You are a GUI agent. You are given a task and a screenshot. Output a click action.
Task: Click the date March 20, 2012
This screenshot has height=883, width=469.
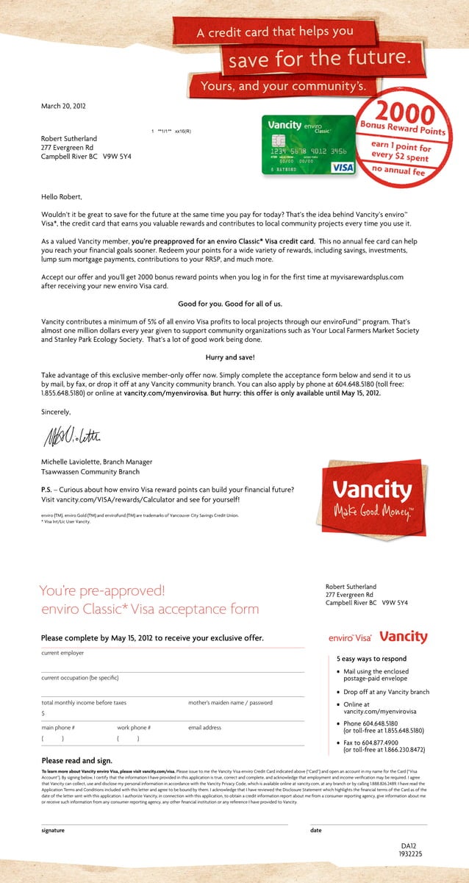[63, 106]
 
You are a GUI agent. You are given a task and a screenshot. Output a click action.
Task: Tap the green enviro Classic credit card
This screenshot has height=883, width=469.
[309, 145]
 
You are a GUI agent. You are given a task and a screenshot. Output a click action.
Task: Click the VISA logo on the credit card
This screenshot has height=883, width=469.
[343, 168]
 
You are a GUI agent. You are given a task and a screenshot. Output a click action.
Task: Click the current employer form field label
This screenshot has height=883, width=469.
[62, 653]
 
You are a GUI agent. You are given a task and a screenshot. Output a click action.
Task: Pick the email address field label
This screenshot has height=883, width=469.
[204, 728]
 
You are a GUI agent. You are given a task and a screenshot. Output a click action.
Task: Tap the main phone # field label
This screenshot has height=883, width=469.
[58, 728]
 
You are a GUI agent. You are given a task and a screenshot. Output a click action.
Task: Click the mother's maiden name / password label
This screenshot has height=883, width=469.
[230, 703]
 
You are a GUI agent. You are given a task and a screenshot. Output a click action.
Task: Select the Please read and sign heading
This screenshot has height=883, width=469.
[76, 760]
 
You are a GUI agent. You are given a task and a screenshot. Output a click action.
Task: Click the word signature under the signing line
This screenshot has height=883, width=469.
[53, 830]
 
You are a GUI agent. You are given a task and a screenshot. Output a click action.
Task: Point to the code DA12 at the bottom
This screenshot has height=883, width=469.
[409, 846]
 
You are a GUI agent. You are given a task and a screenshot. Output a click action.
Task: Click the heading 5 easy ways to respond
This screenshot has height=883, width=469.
[371, 659]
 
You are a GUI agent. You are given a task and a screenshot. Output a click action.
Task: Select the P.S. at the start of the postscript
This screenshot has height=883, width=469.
[49, 489]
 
